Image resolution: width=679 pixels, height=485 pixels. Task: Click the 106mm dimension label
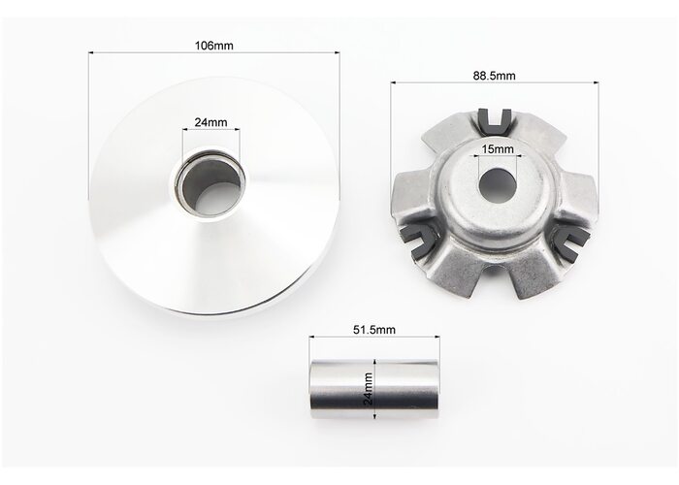(214, 46)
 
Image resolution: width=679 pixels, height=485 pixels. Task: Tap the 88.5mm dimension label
(494, 76)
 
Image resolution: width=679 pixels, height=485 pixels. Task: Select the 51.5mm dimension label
(374, 330)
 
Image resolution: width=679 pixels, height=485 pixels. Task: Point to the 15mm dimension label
(498, 149)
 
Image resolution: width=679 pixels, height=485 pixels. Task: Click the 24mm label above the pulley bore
(210, 122)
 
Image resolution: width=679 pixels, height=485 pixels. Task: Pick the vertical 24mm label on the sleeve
(369, 389)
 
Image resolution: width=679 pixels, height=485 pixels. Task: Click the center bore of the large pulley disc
(210, 185)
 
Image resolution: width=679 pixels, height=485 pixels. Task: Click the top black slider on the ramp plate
(496, 121)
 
